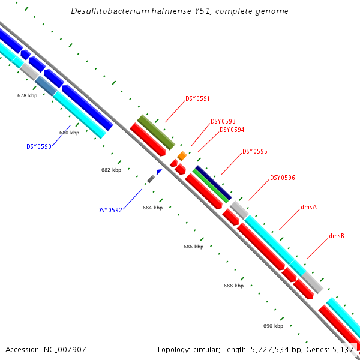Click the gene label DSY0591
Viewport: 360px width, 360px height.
[x=197, y=98]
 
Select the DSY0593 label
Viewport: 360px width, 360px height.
[x=223, y=121]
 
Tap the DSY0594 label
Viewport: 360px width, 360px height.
[x=232, y=130]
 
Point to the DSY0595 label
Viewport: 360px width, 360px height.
[x=254, y=152]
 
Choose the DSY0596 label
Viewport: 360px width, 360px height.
[x=282, y=178]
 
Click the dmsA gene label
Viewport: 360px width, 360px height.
[x=308, y=207]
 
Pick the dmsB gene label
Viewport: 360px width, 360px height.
[x=336, y=236]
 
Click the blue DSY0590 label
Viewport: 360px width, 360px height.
[x=38, y=146]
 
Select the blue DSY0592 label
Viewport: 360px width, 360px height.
[x=109, y=211]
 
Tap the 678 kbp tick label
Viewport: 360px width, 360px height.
[x=27, y=95]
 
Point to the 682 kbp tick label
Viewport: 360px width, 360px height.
[x=111, y=170]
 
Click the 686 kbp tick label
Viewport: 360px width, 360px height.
[x=193, y=247]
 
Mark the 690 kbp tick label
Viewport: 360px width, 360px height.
[x=273, y=326]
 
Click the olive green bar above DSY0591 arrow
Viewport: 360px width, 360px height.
[x=156, y=133]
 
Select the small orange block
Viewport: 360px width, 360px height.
[x=182, y=156]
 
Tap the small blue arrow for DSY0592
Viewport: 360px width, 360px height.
[x=159, y=172]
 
